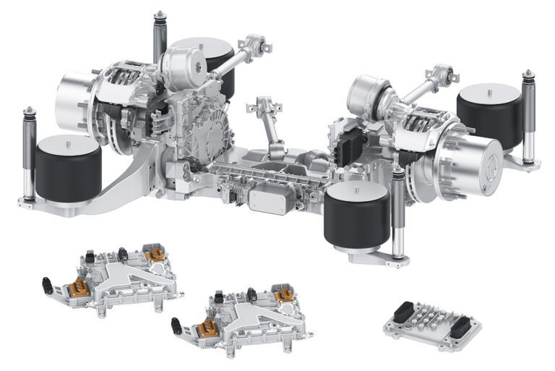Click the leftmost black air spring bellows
tap(68, 171)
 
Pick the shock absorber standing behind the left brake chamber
tap(159, 40)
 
